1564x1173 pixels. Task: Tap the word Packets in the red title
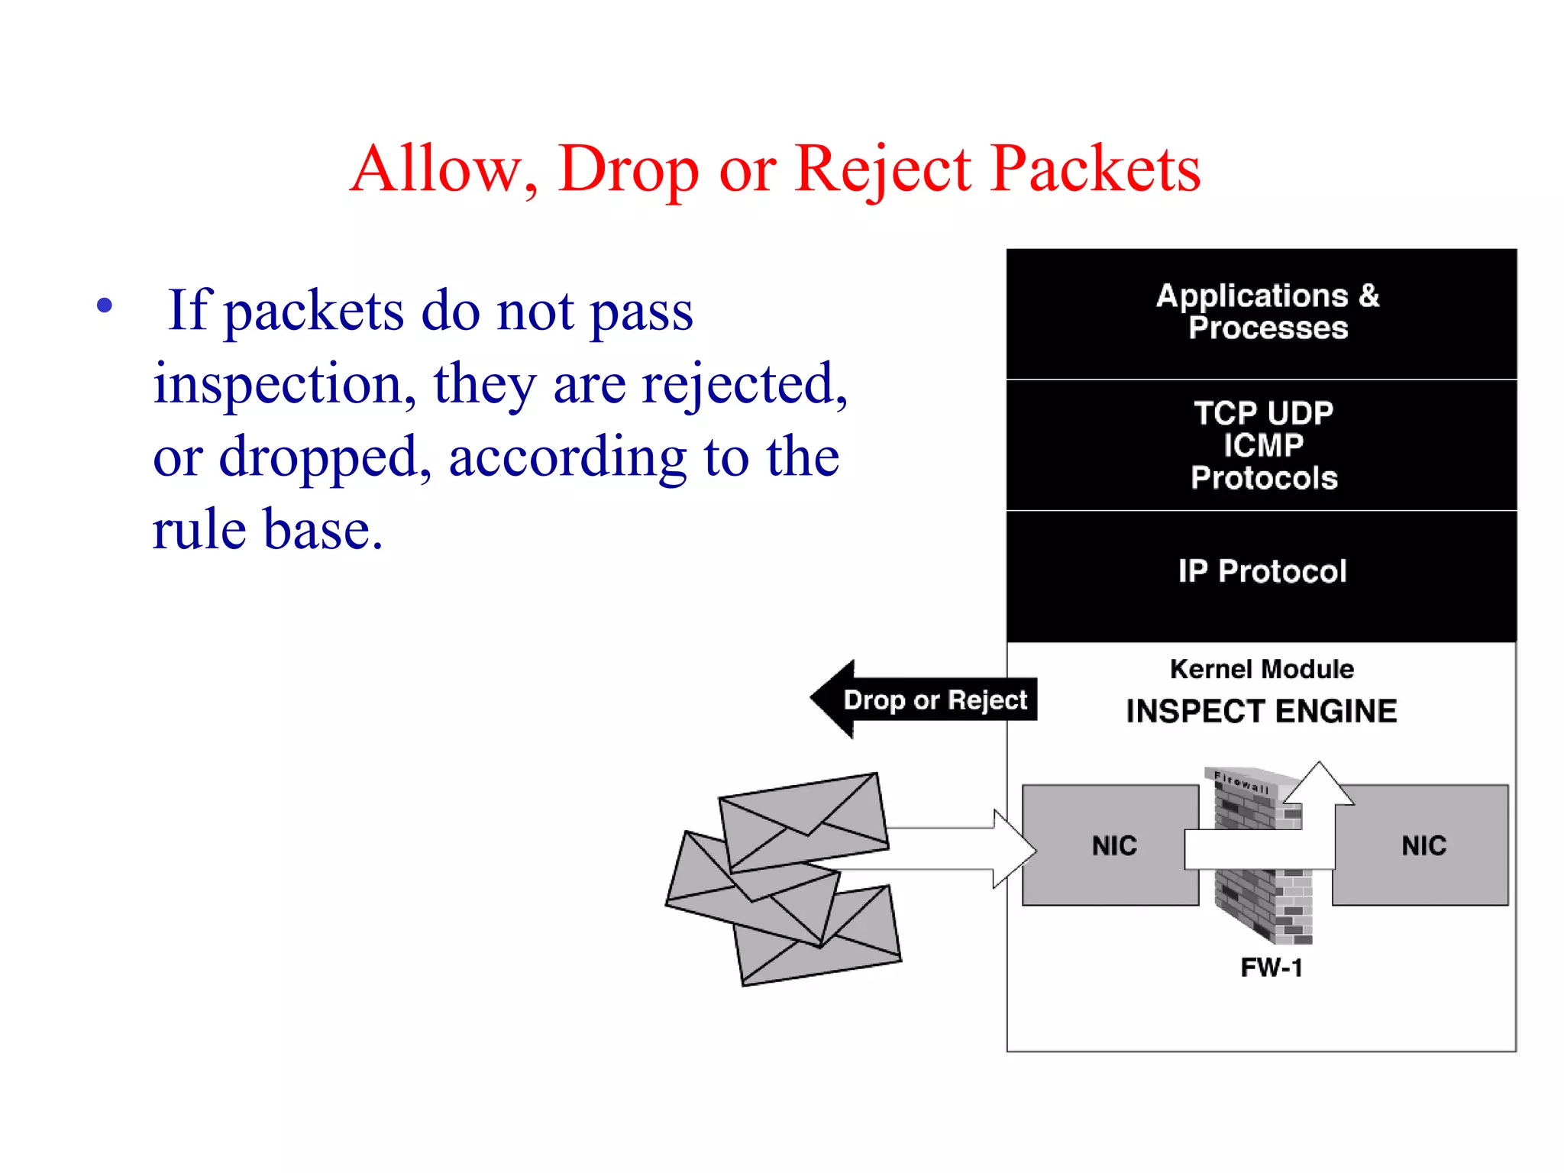(x=1095, y=170)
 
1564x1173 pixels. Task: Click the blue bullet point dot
(x=105, y=306)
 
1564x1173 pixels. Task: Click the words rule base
(x=267, y=529)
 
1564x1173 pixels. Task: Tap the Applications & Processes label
(x=1267, y=312)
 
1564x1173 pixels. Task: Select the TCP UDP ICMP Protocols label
(x=1264, y=445)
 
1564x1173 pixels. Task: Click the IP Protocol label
(x=1262, y=571)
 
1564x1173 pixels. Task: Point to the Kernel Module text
(x=1262, y=669)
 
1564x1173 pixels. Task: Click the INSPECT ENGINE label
(x=1262, y=711)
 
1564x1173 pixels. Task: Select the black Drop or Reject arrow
(x=924, y=700)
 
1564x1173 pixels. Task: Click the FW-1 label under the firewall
(x=1272, y=968)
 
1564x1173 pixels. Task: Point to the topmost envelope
(x=803, y=822)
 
